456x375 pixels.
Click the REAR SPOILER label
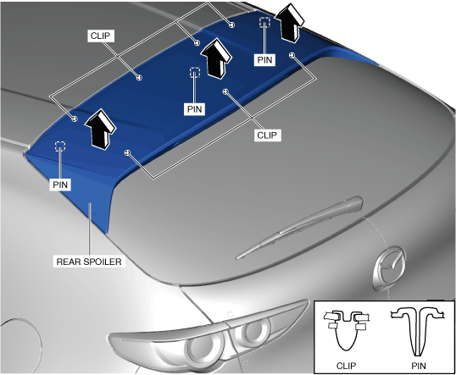pos(89,262)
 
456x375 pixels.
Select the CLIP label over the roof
pos(101,36)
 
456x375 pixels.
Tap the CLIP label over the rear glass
pos(267,135)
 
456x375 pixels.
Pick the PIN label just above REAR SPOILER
pos(60,185)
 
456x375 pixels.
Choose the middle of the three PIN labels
pos(195,109)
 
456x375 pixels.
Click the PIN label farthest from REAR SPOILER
pos(264,60)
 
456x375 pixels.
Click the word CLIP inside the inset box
pos(346,366)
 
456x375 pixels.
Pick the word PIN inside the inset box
pos(419,366)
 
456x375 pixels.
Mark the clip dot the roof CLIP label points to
pos(140,77)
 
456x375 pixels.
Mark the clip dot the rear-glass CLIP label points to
pos(225,91)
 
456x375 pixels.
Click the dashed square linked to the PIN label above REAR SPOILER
pos(60,146)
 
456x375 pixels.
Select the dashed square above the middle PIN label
pos(195,72)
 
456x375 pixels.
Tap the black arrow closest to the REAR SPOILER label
pos(100,130)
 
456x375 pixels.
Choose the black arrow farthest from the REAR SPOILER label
pos(289,23)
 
